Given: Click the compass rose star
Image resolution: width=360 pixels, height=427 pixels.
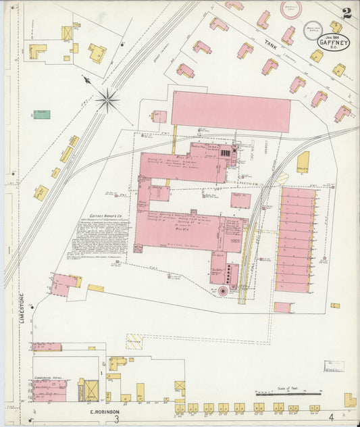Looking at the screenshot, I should tap(107, 101).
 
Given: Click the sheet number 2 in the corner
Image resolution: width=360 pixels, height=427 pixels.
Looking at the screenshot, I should tap(346, 13).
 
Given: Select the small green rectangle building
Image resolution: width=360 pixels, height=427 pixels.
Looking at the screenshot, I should tap(42, 114).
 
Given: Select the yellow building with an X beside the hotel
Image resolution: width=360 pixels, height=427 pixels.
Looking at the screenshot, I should tap(88, 389).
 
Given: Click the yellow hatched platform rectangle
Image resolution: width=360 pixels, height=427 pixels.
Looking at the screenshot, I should tap(134, 341).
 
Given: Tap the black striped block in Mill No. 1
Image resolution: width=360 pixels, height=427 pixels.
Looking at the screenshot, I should tap(226, 154).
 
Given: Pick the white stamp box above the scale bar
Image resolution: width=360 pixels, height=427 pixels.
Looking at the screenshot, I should tap(334, 366).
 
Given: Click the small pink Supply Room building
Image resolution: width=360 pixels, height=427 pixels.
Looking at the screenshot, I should tap(240, 200).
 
